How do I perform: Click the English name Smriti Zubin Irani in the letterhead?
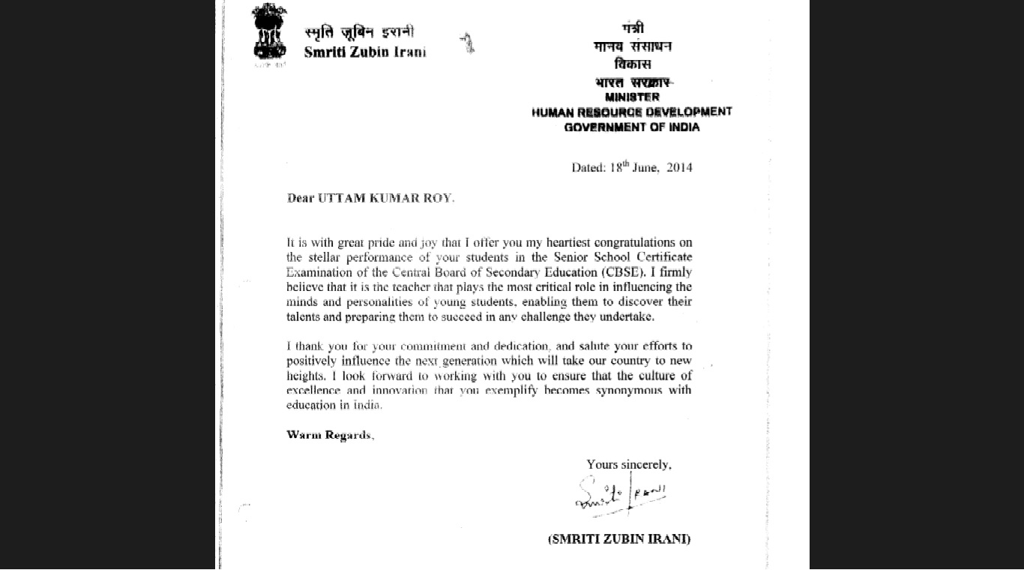(365, 52)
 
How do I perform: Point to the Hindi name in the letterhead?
(359, 32)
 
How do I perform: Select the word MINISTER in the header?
(632, 97)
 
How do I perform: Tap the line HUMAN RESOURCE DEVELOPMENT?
(631, 112)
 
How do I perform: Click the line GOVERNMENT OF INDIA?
(632, 127)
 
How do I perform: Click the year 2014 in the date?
(679, 168)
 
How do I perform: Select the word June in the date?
(645, 168)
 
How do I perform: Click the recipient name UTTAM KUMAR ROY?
(386, 198)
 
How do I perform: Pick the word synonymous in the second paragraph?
(629, 391)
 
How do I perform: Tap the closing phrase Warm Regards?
(329, 435)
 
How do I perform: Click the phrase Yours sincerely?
(628, 465)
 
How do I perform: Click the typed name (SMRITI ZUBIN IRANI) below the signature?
(619, 538)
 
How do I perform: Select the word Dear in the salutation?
(301, 198)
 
